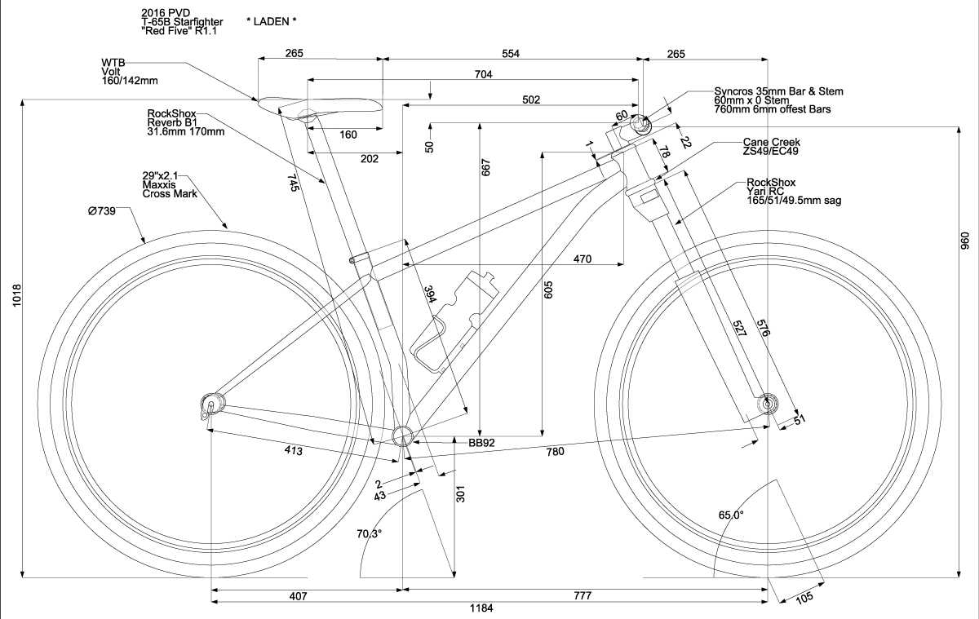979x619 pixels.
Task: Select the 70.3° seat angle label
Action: pos(370,533)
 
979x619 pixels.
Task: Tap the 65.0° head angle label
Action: pos(730,515)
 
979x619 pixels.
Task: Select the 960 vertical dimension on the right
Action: pos(965,242)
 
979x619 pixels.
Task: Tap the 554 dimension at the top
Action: pos(511,54)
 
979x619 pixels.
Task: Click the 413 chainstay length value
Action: pos(295,450)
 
